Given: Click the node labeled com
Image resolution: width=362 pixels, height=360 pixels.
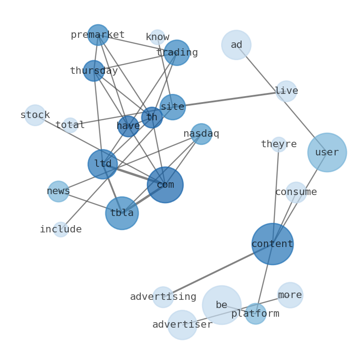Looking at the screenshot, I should pyautogui.click(x=165, y=185).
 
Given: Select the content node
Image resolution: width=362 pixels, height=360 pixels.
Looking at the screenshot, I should pyautogui.click(x=272, y=244).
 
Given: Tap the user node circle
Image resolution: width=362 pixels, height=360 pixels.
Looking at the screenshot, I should pyautogui.click(x=327, y=152).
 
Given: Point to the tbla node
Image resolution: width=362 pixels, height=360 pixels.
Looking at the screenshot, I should pyautogui.click(x=122, y=213).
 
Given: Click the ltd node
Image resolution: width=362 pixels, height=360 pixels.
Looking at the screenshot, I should pyautogui.click(x=103, y=164).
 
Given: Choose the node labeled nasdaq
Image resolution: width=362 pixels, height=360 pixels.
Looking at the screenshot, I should pyautogui.click(x=201, y=134).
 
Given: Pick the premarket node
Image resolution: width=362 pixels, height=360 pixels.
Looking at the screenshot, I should pyautogui.click(x=98, y=35).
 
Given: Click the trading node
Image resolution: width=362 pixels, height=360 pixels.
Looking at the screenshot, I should pyautogui.click(x=177, y=53).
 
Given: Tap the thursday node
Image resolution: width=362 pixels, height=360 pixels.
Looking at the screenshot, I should pyautogui.click(x=94, y=71).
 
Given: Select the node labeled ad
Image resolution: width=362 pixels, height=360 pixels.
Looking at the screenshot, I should pyautogui.click(x=236, y=45).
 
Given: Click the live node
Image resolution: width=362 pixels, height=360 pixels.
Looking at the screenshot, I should pyautogui.click(x=286, y=91).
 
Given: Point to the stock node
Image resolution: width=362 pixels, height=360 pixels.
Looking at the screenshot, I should pyautogui.click(x=35, y=115).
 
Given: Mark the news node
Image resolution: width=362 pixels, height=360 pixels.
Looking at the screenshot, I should pyautogui.click(x=58, y=191).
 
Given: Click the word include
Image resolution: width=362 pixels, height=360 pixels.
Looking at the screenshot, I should pyautogui.click(x=61, y=230).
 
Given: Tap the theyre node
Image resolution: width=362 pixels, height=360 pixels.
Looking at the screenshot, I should pyautogui.click(x=279, y=144).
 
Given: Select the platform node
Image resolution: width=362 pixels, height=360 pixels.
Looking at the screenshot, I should pyautogui.click(x=255, y=314).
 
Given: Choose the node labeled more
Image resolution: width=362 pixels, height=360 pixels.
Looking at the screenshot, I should pyautogui.click(x=290, y=295).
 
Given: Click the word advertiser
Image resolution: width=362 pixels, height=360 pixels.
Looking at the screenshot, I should pyautogui.click(x=182, y=325).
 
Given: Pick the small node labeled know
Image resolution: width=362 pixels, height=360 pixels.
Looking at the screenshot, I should pyautogui.click(x=157, y=37).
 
